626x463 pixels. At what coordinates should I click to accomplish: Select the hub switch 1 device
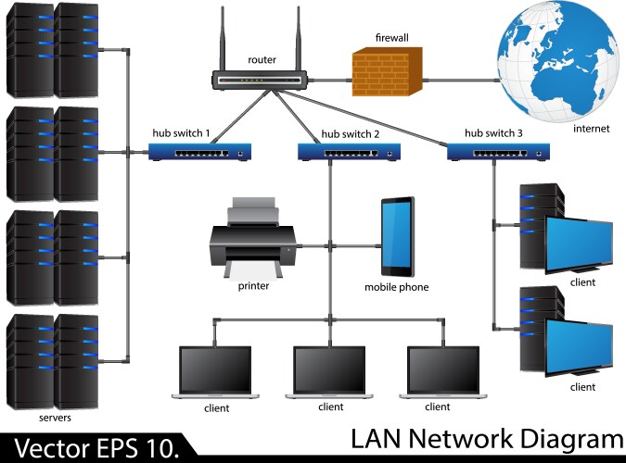click(200, 151)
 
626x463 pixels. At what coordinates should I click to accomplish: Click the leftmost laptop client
click(215, 372)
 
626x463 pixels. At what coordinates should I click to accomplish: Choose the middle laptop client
click(330, 372)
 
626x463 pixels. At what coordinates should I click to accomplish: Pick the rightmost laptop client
click(443, 372)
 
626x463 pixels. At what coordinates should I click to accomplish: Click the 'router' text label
click(262, 60)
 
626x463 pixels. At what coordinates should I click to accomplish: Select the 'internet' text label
click(591, 129)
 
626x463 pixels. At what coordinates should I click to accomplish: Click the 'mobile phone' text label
click(396, 287)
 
